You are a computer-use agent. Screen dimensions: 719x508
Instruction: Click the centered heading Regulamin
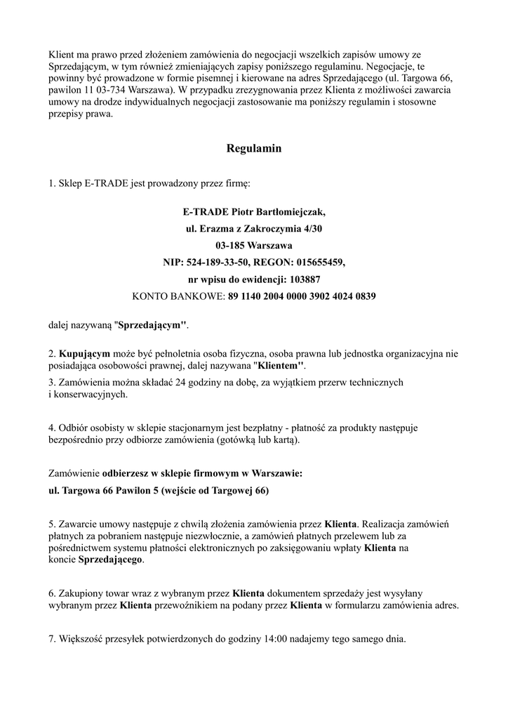(x=254, y=149)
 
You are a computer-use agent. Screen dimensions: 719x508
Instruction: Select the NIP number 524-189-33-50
(x=218, y=263)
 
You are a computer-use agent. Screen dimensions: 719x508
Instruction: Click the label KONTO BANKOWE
(x=178, y=296)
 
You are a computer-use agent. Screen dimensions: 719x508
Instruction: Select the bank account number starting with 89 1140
(x=302, y=296)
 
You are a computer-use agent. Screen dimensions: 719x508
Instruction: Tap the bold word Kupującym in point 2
(x=85, y=354)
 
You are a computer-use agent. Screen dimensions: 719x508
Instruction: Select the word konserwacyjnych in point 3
(x=90, y=395)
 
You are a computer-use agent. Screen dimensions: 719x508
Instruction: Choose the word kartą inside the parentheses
(x=284, y=440)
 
